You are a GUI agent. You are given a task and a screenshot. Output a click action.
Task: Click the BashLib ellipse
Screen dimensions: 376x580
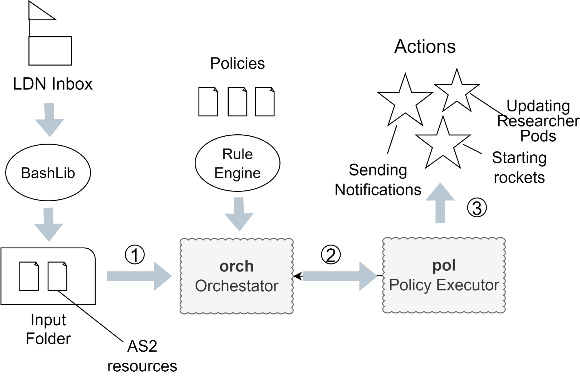(48, 173)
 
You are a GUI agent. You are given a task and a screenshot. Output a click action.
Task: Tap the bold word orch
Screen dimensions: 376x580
(236, 266)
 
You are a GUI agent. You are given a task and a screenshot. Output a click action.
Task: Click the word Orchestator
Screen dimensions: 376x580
(236, 286)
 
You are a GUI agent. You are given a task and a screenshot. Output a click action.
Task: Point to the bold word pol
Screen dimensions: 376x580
(444, 265)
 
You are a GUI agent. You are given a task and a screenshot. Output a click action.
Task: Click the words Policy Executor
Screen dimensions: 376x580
(444, 285)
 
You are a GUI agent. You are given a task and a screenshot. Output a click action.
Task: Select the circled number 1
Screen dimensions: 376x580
(135, 255)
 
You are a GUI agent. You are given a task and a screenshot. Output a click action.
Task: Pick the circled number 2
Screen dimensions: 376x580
(331, 255)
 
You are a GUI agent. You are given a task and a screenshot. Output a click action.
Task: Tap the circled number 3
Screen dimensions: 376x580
(477, 208)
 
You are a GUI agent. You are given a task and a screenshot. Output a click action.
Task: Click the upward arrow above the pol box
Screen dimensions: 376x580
(440, 203)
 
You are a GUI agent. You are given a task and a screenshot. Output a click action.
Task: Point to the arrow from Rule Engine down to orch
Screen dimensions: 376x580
(239, 215)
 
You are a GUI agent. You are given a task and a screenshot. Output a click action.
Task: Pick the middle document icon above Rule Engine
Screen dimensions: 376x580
(237, 102)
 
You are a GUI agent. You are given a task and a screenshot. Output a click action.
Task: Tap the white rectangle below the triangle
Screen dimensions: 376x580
(50, 51)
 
